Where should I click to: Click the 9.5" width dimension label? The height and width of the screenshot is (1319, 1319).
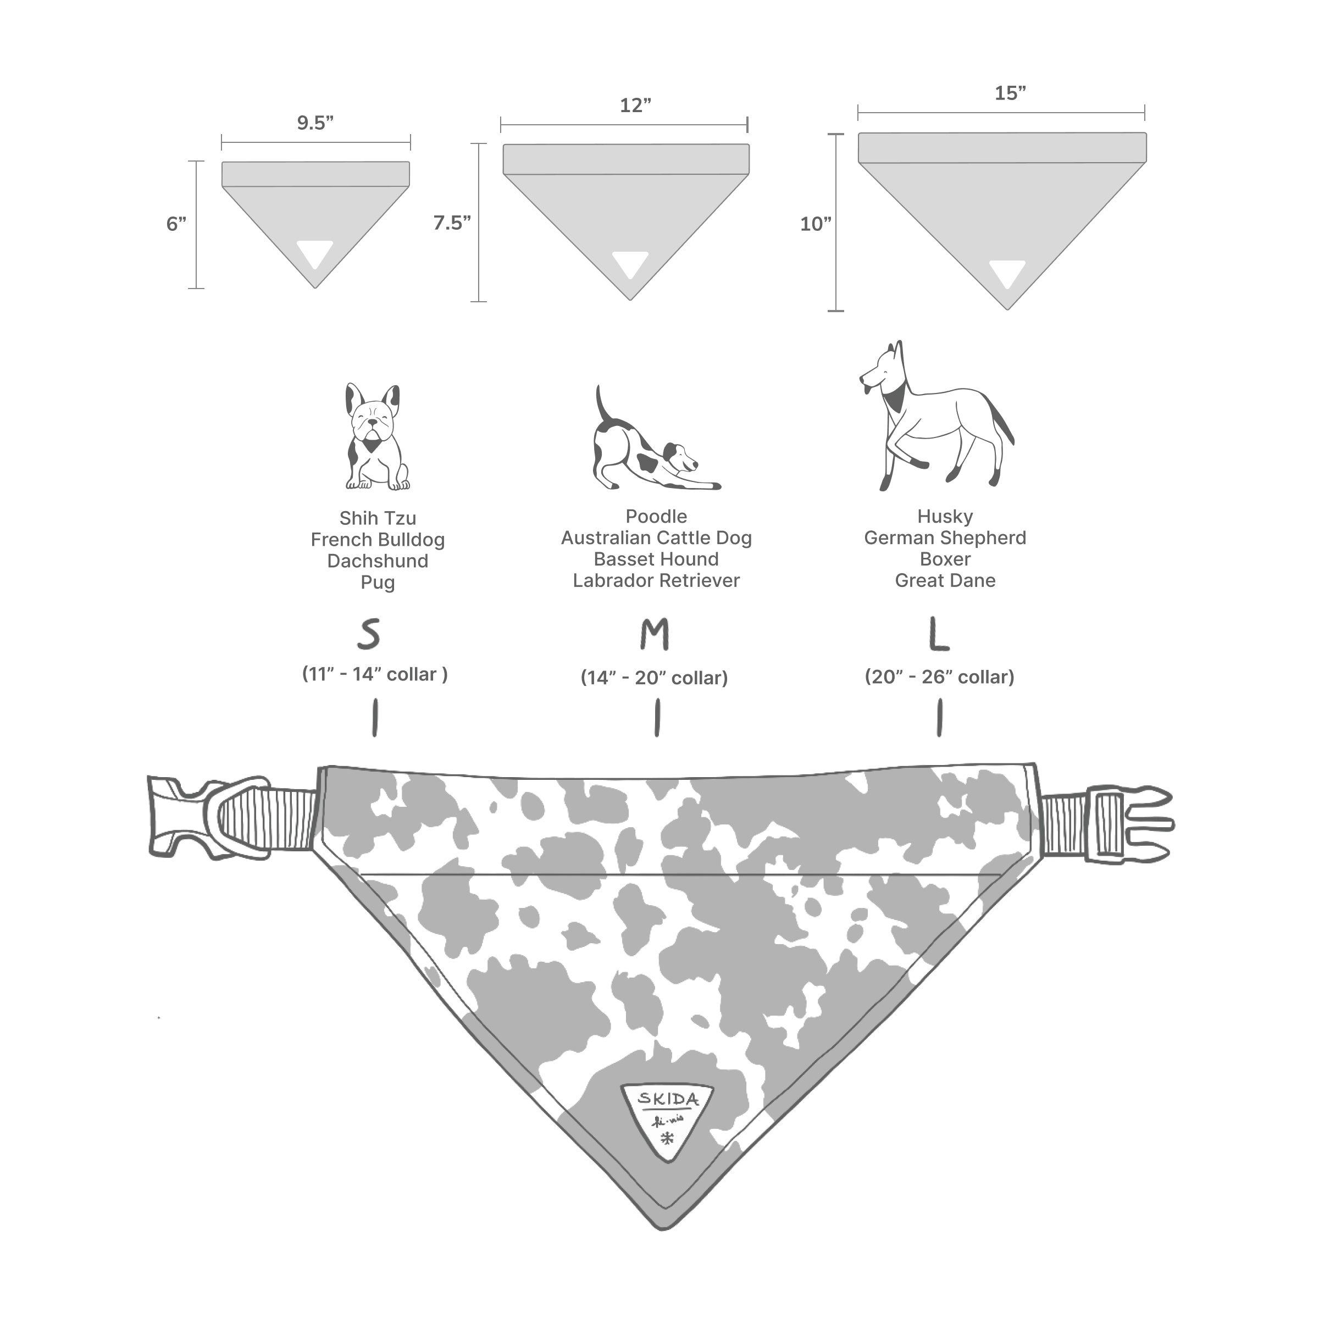315,123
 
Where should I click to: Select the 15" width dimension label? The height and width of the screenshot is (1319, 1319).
1010,93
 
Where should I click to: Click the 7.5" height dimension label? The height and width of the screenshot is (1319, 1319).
452,223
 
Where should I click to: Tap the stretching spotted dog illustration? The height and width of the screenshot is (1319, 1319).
649,447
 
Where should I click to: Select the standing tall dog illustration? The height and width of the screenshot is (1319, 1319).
935,417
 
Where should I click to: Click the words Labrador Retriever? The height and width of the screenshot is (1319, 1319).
656,581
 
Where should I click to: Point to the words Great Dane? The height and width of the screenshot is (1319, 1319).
945,581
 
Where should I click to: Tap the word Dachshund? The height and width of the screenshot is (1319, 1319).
378,561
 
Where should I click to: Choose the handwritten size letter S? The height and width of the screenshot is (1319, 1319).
369,635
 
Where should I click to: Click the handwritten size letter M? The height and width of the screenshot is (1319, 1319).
654,635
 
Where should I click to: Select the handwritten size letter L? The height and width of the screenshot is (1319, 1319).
939,635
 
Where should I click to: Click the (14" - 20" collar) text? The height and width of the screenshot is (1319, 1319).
654,678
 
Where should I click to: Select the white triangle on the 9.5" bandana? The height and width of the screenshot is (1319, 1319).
315,254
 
